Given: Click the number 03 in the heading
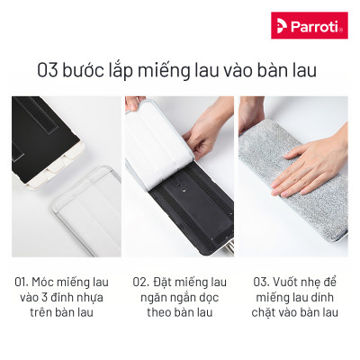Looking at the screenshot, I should point(49,69).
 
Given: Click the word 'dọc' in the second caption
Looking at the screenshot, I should point(220,296).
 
